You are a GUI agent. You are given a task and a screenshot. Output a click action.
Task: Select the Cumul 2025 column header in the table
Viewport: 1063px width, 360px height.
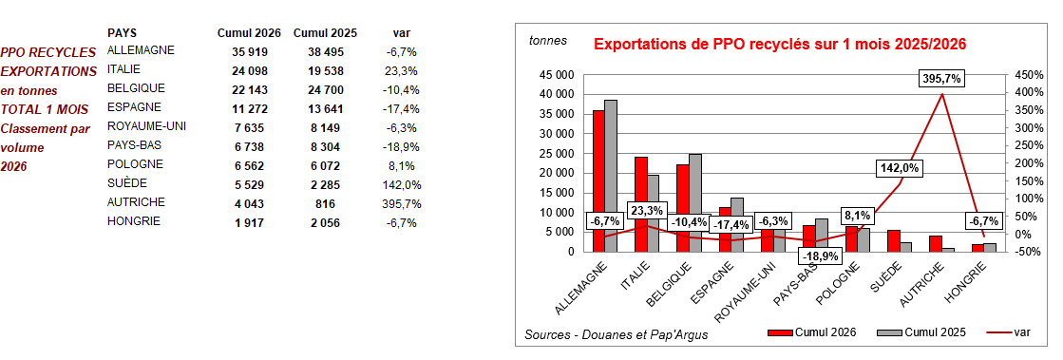coord(325,32)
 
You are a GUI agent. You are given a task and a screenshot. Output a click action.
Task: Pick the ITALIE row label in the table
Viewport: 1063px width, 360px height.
coord(125,69)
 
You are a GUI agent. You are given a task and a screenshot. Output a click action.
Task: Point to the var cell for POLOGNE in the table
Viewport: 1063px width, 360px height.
coord(402,165)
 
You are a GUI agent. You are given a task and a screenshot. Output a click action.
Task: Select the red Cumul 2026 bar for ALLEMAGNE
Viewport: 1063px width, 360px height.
coord(598,180)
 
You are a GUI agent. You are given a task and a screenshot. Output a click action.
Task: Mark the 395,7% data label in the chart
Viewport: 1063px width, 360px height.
coord(941,80)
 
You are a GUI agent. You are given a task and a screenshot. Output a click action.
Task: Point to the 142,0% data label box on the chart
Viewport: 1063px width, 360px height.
coord(900,168)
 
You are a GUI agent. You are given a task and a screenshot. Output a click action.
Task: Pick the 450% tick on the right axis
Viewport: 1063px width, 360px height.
coord(1029,74)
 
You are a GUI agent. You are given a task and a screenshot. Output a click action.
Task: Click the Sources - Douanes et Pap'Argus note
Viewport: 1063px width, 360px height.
coord(616,334)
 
